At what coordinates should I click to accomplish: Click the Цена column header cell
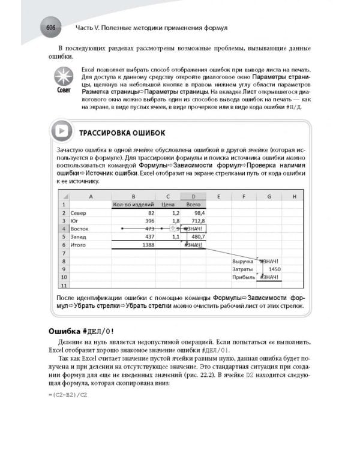[169, 205]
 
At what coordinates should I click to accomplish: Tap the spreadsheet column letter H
[293, 196]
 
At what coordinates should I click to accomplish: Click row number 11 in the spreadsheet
[62, 286]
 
